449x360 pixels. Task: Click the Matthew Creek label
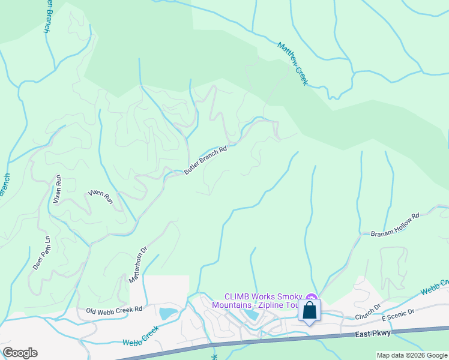(292, 63)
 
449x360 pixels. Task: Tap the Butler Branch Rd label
(205, 161)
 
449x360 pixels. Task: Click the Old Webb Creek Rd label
(114, 310)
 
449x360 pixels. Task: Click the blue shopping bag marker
(309, 311)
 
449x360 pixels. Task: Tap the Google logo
(20, 353)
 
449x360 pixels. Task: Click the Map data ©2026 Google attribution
(412, 355)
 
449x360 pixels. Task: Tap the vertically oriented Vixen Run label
(58, 190)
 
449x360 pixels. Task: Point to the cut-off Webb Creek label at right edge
(435, 287)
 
